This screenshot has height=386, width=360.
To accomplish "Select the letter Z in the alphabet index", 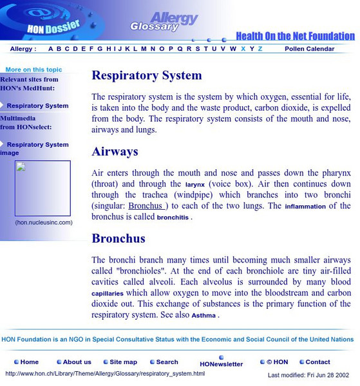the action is [260, 49].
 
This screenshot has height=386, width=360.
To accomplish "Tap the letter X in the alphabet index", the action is [243, 49].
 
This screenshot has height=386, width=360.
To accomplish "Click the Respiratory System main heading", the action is [147, 75].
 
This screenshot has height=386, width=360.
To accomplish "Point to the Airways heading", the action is [115, 152].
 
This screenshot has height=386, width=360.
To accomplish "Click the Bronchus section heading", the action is [119, 239].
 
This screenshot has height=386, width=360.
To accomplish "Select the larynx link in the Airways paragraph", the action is [194, 184].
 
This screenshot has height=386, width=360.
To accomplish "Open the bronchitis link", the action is [173, 217].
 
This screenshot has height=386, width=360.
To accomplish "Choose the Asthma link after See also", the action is [204, 316].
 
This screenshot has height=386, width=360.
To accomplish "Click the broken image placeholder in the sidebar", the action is [43, 188].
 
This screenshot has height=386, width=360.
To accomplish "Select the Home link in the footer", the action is [29, 362].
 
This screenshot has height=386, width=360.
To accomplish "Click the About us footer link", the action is [77, 362].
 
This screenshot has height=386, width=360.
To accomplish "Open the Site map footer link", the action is [123, 362].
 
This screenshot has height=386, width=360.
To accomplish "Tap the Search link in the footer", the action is [167, 362].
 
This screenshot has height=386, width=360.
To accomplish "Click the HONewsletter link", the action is [221, 364].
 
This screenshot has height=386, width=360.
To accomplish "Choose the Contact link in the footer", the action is [317, 362].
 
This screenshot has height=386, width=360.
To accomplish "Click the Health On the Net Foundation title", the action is [294, 36].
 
